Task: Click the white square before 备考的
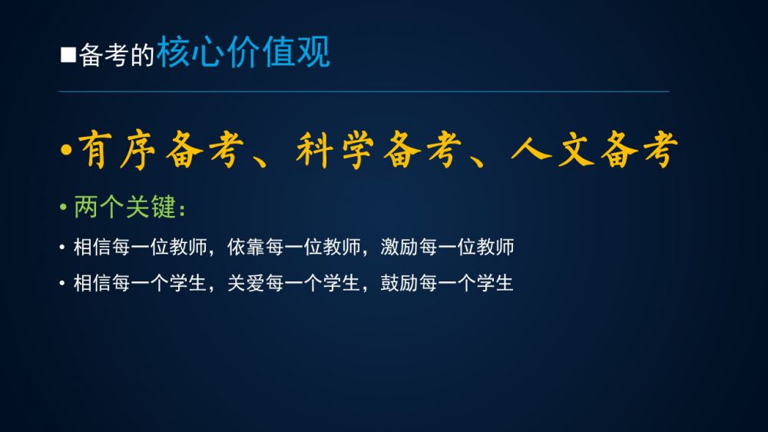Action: point(68,55)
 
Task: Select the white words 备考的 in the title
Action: point(117,55)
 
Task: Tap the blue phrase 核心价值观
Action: point(243,52)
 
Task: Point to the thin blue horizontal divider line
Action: point(364,91)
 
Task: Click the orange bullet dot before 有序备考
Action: point(66,149)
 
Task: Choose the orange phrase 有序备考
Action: point(161,150)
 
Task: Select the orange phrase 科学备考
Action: point(379,150)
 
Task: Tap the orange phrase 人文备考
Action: point(594,150)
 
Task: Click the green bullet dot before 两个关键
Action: point(63,207)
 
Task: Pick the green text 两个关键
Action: point(125,207)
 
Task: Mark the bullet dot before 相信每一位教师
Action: point(62,247)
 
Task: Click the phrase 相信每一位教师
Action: point(141,247)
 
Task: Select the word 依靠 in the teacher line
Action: point(246,247)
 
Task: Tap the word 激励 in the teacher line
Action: point(399,247)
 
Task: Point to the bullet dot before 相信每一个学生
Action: point(62,283)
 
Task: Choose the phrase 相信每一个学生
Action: point(140,283)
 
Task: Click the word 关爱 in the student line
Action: point(246,283)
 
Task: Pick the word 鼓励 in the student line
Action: point(399,283)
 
